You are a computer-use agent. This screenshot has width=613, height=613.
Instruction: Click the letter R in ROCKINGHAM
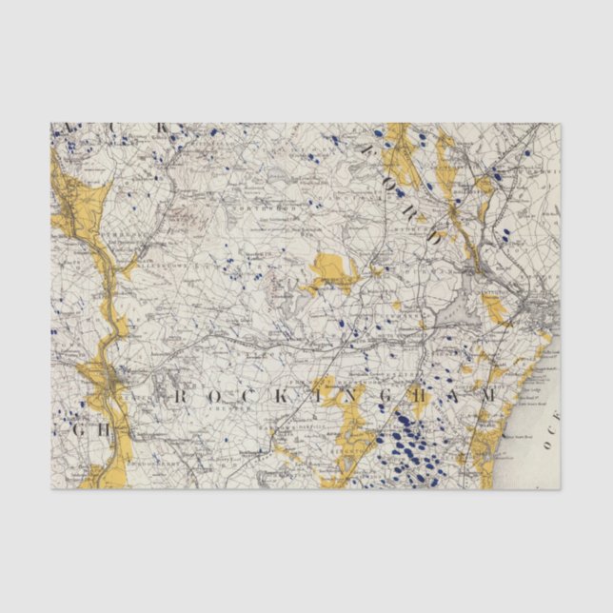[172, 394]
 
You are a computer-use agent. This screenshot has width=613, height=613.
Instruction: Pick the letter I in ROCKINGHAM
[306, 394]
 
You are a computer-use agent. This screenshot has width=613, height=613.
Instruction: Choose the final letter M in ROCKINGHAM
[487, 394]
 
